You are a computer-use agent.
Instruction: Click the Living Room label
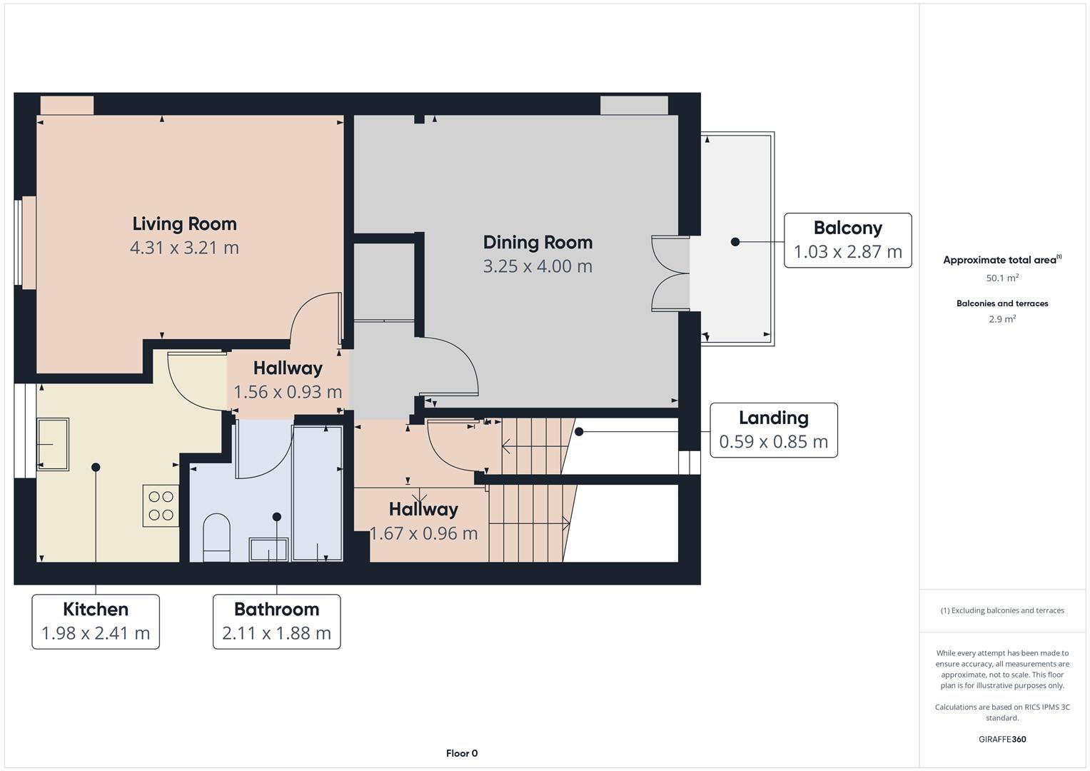pyautogui.click(x=184, y=224)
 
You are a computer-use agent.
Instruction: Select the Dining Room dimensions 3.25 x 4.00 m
pyautogui.click(x=538, y=266)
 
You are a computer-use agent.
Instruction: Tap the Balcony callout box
pyautogui.click(x=847, y=241)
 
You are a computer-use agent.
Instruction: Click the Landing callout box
pyautogui.click(x=773, y=430)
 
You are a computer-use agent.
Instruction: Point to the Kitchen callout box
pyautogui.click(x=96, y=621)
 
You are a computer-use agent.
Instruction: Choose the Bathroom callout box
pyautogui.click(x=276, y=621)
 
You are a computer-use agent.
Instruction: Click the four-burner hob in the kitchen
pyautogui.click(x=161, y=505)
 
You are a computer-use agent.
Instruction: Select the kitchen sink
pyautogui.click(x=53, y=445)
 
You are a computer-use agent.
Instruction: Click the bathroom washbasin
pyautogui.click(x=268, y=549)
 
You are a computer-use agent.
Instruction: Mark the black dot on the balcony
pyautogui.click(x=735, y=242)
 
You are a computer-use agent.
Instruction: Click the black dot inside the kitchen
pyautogui.click(x=96, y=468)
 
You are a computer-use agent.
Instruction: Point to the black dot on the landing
pyautogui.click(x=579, y=432)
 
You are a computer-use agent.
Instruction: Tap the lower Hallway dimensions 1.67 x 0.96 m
pyautogui.click(x=423, y=533)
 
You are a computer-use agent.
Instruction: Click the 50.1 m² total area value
pyautogui.click(x=1002, y=278)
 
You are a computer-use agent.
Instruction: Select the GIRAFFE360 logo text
pyautogui.click(x=1002, y=739)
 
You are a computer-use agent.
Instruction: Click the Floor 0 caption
pyautogui.click(x=462, y=753)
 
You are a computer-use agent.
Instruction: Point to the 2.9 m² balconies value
pyautogui.click(x=1002, y=319)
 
